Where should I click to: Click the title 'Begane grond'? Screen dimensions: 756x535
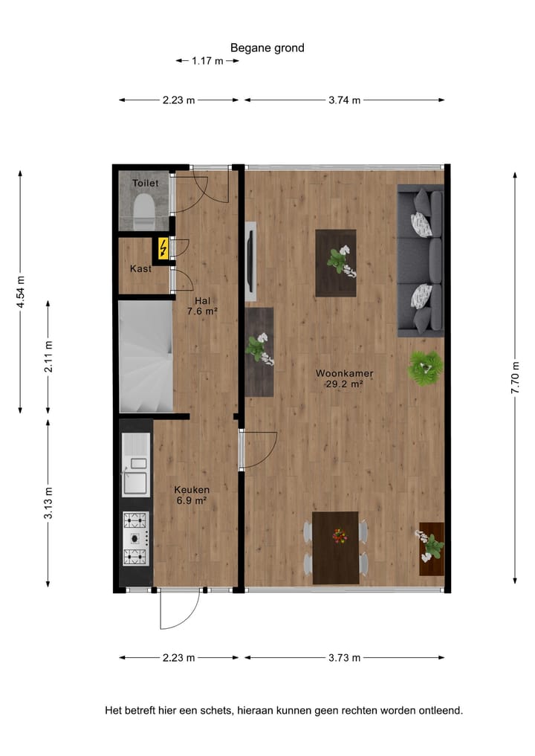[267, 48]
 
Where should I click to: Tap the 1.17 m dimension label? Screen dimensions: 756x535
[207, 61]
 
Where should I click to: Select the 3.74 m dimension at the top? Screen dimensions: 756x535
[344, 100]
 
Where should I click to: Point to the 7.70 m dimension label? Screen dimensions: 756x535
[515, 376]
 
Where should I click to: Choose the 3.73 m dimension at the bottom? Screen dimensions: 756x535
[344, 658]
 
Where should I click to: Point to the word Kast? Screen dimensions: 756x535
[140, 269]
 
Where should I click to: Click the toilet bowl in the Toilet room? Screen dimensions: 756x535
[143, 212]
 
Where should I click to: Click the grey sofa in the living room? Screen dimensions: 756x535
[421, 260]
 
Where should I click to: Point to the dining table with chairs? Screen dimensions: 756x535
[336, 547]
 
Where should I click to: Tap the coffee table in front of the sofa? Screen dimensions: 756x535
[336, 262]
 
